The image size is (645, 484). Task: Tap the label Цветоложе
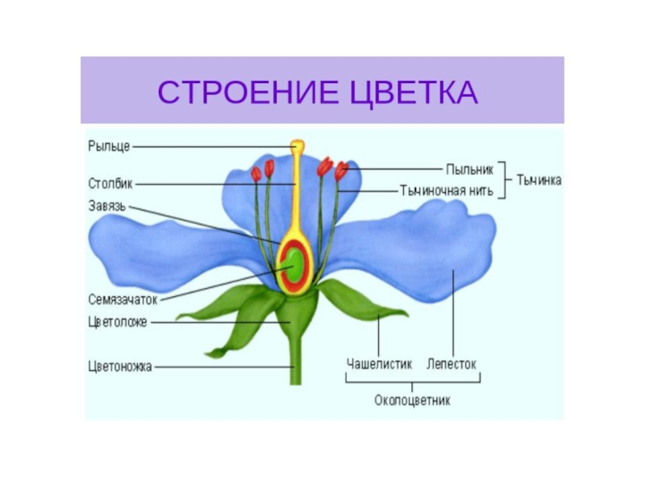[x=117, y=322]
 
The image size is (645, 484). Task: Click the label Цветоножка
[x=120, y=365]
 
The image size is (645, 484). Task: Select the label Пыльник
[x=467, y=169]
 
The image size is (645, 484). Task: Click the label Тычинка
[x=539, y=181]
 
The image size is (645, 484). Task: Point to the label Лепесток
[x=451, y=364]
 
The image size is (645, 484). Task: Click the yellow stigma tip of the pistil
[x=297, y=147]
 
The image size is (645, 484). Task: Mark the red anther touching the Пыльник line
[x=341, y=170]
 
